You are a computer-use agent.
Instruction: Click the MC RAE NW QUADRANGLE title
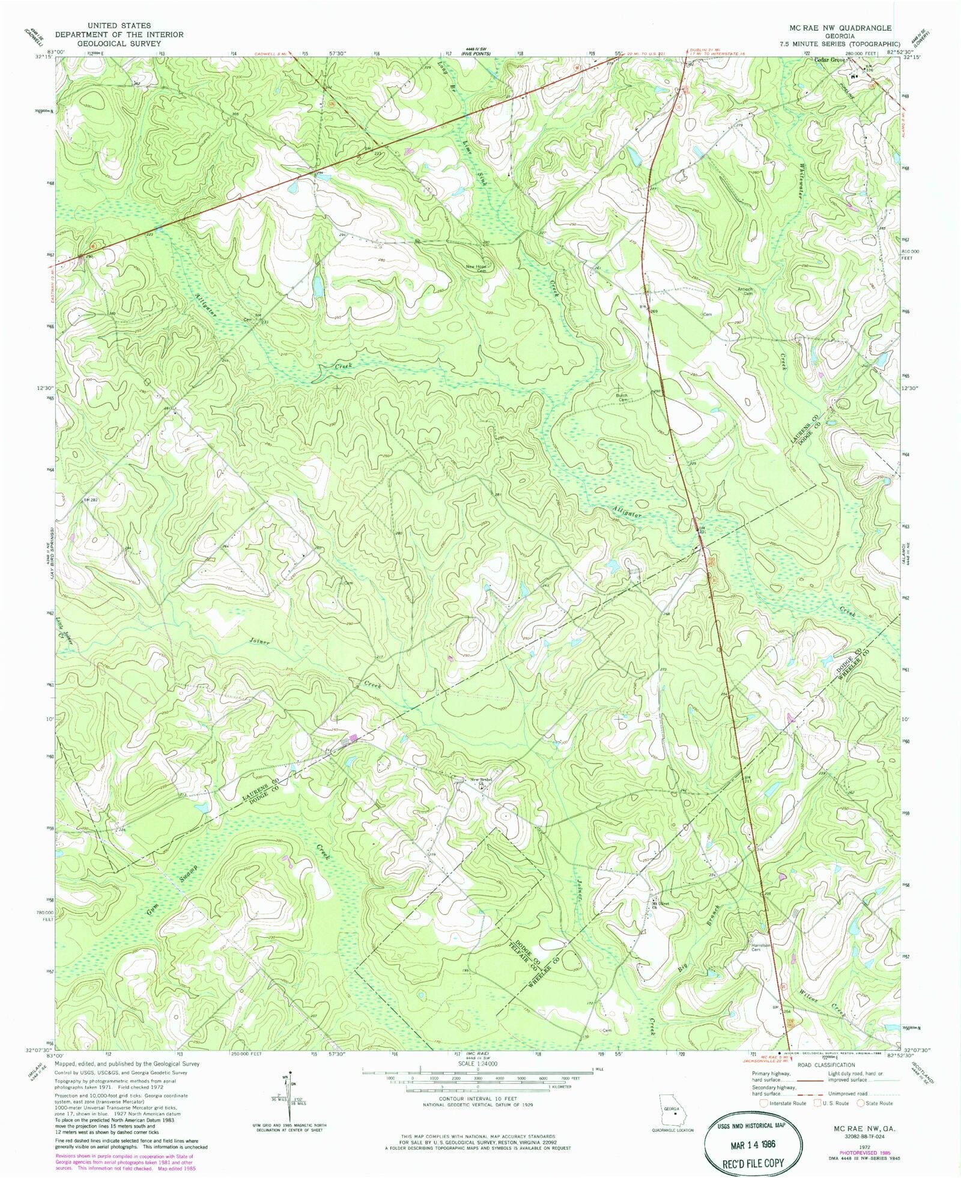pyautogui.click(x=840, y=28)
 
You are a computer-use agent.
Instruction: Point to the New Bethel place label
pyautogui.click(x=481, y=780)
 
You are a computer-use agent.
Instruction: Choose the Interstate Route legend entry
pyautogui.click(x=783, y=1103)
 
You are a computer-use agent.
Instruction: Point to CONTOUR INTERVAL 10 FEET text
pyautogui.click(x=477, y=1098)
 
